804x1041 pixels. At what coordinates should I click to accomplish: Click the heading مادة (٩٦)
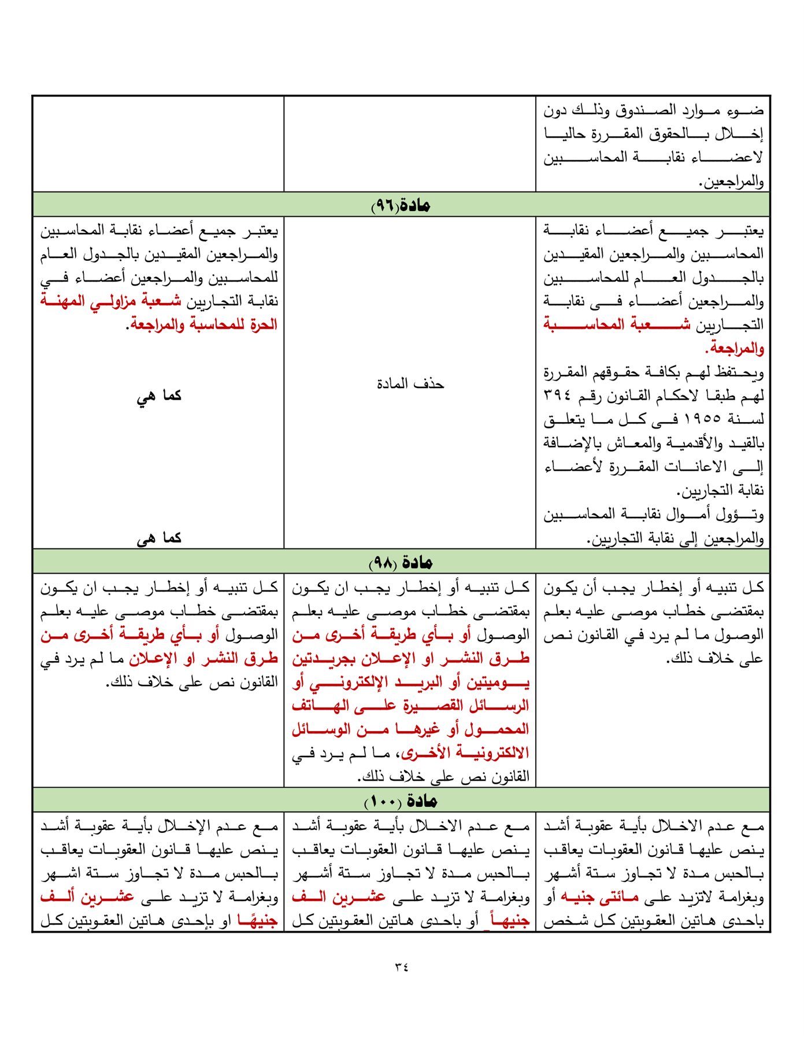tap(401, 205)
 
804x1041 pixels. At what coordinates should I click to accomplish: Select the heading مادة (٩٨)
tap(401, 562)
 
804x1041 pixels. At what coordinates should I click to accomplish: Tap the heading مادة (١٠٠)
tap(401, 801)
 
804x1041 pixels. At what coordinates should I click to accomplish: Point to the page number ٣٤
tap(402, 966)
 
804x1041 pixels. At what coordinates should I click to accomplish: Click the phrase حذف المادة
tap(410, 384)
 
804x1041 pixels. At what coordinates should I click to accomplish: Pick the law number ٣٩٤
tap(557, 396)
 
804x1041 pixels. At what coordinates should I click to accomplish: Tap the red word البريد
tap(423, 682)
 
